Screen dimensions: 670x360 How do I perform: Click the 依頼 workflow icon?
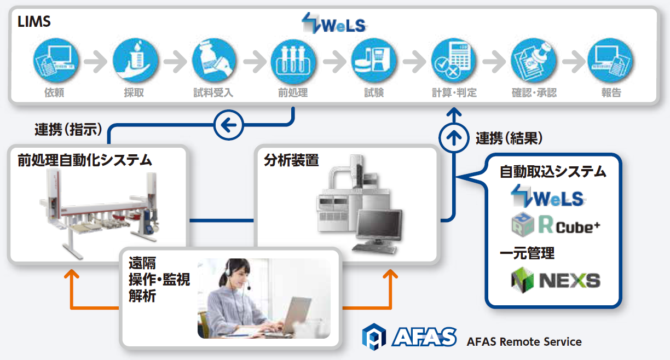click(x=56, y=60)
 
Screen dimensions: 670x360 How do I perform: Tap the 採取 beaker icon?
click(x=136, y=60)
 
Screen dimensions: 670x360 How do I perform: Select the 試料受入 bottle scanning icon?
click(x=214, y=60)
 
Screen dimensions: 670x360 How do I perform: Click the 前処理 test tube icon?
click(x=293, y=61)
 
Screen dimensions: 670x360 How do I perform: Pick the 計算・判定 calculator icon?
click(x=454, y=60)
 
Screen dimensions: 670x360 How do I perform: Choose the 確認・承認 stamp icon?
click(x=534, y=60)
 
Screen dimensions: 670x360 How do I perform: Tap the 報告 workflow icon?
click(x=610, y=60)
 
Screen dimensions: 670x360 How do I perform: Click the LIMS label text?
click(x=34, y=21)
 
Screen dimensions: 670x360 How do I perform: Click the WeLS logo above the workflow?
click(x=334, y=23)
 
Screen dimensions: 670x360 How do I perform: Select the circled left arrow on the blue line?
click(x=229, y=125)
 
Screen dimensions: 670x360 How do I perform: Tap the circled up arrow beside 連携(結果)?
click(x=454, y=138)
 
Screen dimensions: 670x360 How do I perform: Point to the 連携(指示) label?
click(x=68, y=130)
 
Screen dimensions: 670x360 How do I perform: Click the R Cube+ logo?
click(x=556, y=224)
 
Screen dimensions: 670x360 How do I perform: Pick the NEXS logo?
click(x=556, y=280)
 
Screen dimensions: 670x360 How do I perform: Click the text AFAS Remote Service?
click(x=524, y=341)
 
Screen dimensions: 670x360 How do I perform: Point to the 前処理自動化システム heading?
click(x=85, y=160)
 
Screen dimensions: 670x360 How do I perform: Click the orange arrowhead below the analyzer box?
click(x=390, y=274)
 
